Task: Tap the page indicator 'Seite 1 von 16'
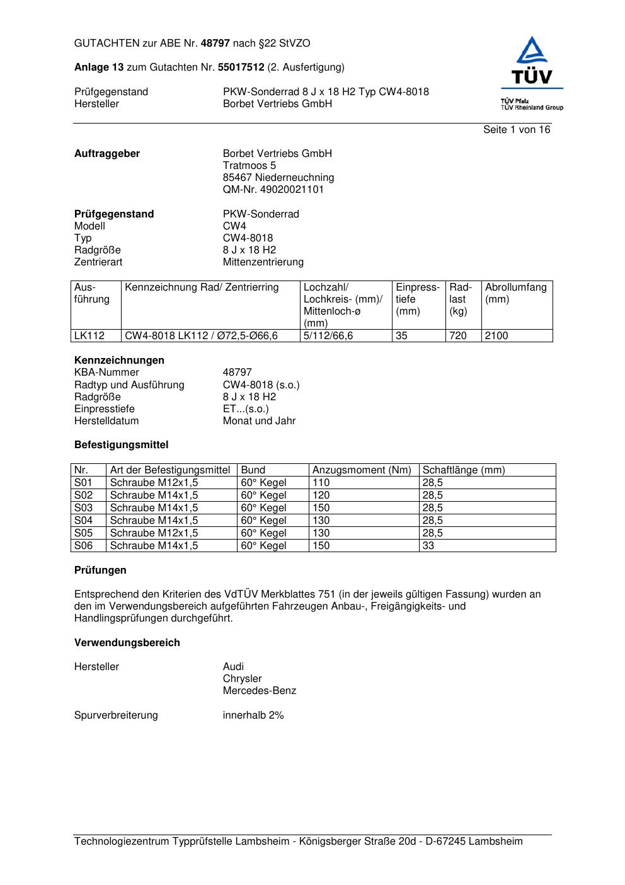click(x=516, y=130)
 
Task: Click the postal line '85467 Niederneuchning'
click(x=278, y=178)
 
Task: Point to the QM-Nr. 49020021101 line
click(x=273, y=190)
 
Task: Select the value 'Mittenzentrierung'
click(x=263, y=262)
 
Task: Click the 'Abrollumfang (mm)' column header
click(x=515, y=293)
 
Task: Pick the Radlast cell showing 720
click(x=458, y=336)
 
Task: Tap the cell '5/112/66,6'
click(x=328, y=336)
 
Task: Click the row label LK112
click(x=89, y=336)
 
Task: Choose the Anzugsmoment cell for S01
click(x=321, y=483)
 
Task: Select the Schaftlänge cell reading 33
click(x=428, y=546)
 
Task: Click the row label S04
click(x=83, y=521)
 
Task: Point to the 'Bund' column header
click(x=253, y=470)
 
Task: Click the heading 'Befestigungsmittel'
click(x=121, y=445)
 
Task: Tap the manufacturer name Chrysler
click(x=242, y=679)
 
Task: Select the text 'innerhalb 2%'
click(x=253, y=715)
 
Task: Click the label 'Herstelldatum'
click(x=106, y=421)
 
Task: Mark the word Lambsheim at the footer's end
click(x=495, y=842)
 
